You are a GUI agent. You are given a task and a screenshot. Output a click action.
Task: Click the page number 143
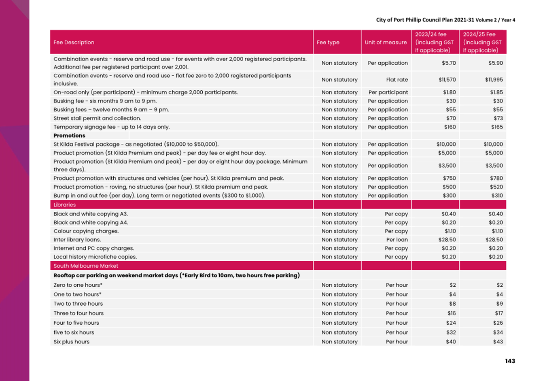[x=510, y=361]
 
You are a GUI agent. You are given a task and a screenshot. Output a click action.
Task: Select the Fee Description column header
[x=74, y=43]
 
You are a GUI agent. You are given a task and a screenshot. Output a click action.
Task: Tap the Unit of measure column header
[x=386, y=43]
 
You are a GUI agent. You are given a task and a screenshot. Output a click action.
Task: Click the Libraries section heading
[x=65, y=205]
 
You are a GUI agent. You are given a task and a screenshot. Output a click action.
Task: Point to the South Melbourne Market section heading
[x=86, y=266]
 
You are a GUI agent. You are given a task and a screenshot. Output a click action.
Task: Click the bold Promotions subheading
[x=69, y=136]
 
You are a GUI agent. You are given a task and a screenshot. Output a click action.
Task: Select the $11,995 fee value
[x=494, y=80]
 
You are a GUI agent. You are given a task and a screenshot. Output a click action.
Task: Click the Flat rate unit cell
[x=397, y=80]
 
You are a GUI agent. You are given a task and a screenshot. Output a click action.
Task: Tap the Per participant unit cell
[x=388, y=92]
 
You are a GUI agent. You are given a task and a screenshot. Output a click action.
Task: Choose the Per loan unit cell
[x=397, y=240]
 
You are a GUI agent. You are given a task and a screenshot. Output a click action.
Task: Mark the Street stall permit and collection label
[x=97, y=118]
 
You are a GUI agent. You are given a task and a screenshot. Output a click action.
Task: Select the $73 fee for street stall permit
[x=498, y=118]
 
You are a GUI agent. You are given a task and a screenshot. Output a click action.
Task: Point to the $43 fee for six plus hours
[x=498, y=342]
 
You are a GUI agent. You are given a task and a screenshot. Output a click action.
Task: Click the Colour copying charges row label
[x=86, y=231]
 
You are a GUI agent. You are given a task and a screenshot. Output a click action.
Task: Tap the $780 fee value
[x=496, y=178]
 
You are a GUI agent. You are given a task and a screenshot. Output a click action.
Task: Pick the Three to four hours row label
[x=78, y=313]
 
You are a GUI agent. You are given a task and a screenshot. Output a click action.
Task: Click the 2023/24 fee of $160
[x=450, y=127]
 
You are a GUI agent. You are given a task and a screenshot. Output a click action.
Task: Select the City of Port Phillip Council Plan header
[x=445, y=20]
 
